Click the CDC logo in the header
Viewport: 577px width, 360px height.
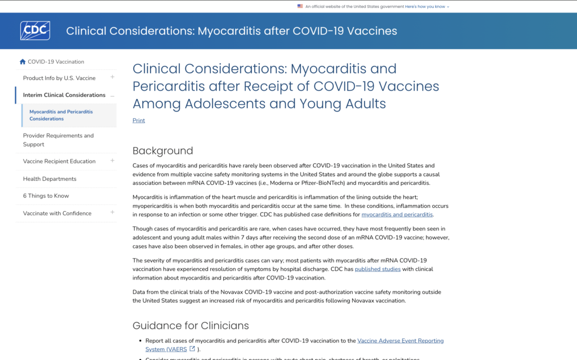(35, 30)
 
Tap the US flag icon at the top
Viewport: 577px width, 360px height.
(300, 7)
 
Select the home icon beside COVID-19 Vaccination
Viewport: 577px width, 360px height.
(23, 62)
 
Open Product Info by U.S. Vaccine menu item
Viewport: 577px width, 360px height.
(59, 78)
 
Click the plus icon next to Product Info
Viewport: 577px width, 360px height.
(113, 77)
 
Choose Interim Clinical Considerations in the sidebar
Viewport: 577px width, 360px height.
(64, 95)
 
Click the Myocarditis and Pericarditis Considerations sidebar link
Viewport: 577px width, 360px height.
(61, 115)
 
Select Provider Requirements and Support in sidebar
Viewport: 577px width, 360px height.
(58, 140)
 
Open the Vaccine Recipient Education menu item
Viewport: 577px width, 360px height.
(59, 162)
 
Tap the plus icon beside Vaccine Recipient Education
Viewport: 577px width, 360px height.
(113, 161)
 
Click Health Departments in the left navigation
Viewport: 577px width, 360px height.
(50, 179)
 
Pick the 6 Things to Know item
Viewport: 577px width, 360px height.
(46, 196)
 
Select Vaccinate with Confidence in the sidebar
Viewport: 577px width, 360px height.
(57, 214)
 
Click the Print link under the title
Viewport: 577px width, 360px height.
(139, 121)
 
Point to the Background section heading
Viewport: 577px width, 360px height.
(163, 151)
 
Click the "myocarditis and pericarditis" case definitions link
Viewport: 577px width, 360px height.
(397, 215)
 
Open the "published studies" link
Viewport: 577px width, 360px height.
(378, 269)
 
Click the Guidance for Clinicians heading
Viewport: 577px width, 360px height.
(190, 326)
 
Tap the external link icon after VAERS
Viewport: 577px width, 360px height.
(192, 349)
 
